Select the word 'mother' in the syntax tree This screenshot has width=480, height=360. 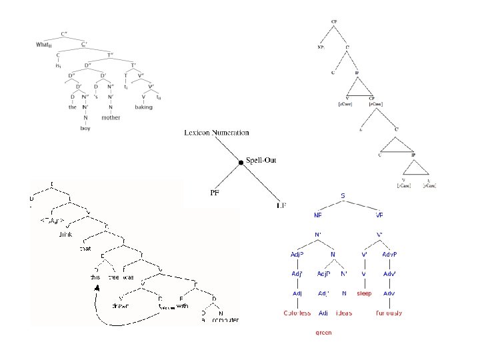(111, 117)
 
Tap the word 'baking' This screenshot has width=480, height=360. (143, 107)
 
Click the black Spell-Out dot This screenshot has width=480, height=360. (241, 162)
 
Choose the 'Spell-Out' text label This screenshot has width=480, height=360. (261, 160)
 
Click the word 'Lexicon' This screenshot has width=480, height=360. (198, 133)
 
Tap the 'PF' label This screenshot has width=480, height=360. (215, 193)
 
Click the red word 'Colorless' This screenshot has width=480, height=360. (297, 313)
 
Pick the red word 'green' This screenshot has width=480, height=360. (323, 333)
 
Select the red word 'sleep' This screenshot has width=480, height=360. (364, 293)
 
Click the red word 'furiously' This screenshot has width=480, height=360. (389, 313)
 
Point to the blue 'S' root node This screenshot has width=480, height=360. (343, 196)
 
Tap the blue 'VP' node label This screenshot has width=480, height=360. (379, 215)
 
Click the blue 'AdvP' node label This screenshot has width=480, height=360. (390, 254)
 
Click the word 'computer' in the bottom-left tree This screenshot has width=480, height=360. (225, 320)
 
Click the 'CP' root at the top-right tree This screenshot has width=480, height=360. (334, 21)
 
